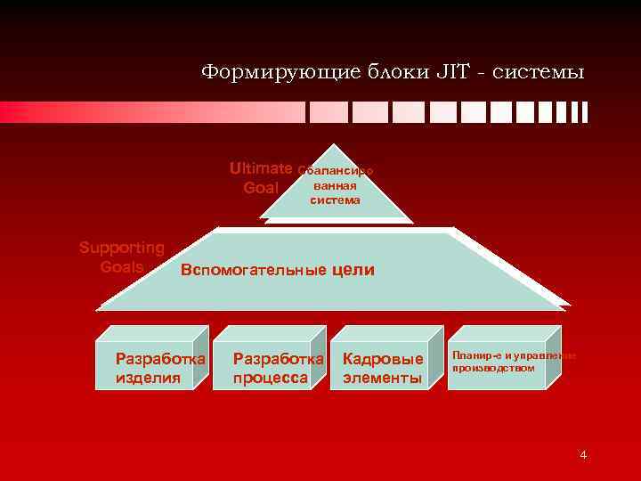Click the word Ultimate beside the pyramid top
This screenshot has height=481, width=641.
pos(261,167)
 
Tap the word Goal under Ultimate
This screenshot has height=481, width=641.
pos(261,188)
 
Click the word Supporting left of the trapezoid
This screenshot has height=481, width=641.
pos(122,248)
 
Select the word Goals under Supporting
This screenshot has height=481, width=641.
pos(122,265)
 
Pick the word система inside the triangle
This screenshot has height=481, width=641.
pos(335,200)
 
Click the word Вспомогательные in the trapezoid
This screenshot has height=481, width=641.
pos(253,270)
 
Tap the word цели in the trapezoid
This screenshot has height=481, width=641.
pos(353,270)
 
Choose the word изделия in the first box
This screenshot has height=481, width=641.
pos(148,378)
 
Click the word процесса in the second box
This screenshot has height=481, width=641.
pos(270,378)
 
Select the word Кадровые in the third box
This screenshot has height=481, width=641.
pos(383,360)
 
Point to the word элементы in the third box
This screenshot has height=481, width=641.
pos(383,378)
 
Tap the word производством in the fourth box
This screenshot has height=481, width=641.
pos(493,368)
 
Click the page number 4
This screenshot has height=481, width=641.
pos(583,456)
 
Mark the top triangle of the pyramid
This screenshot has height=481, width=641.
pos(335,187)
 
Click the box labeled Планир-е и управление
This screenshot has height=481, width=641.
pos(500,358)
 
